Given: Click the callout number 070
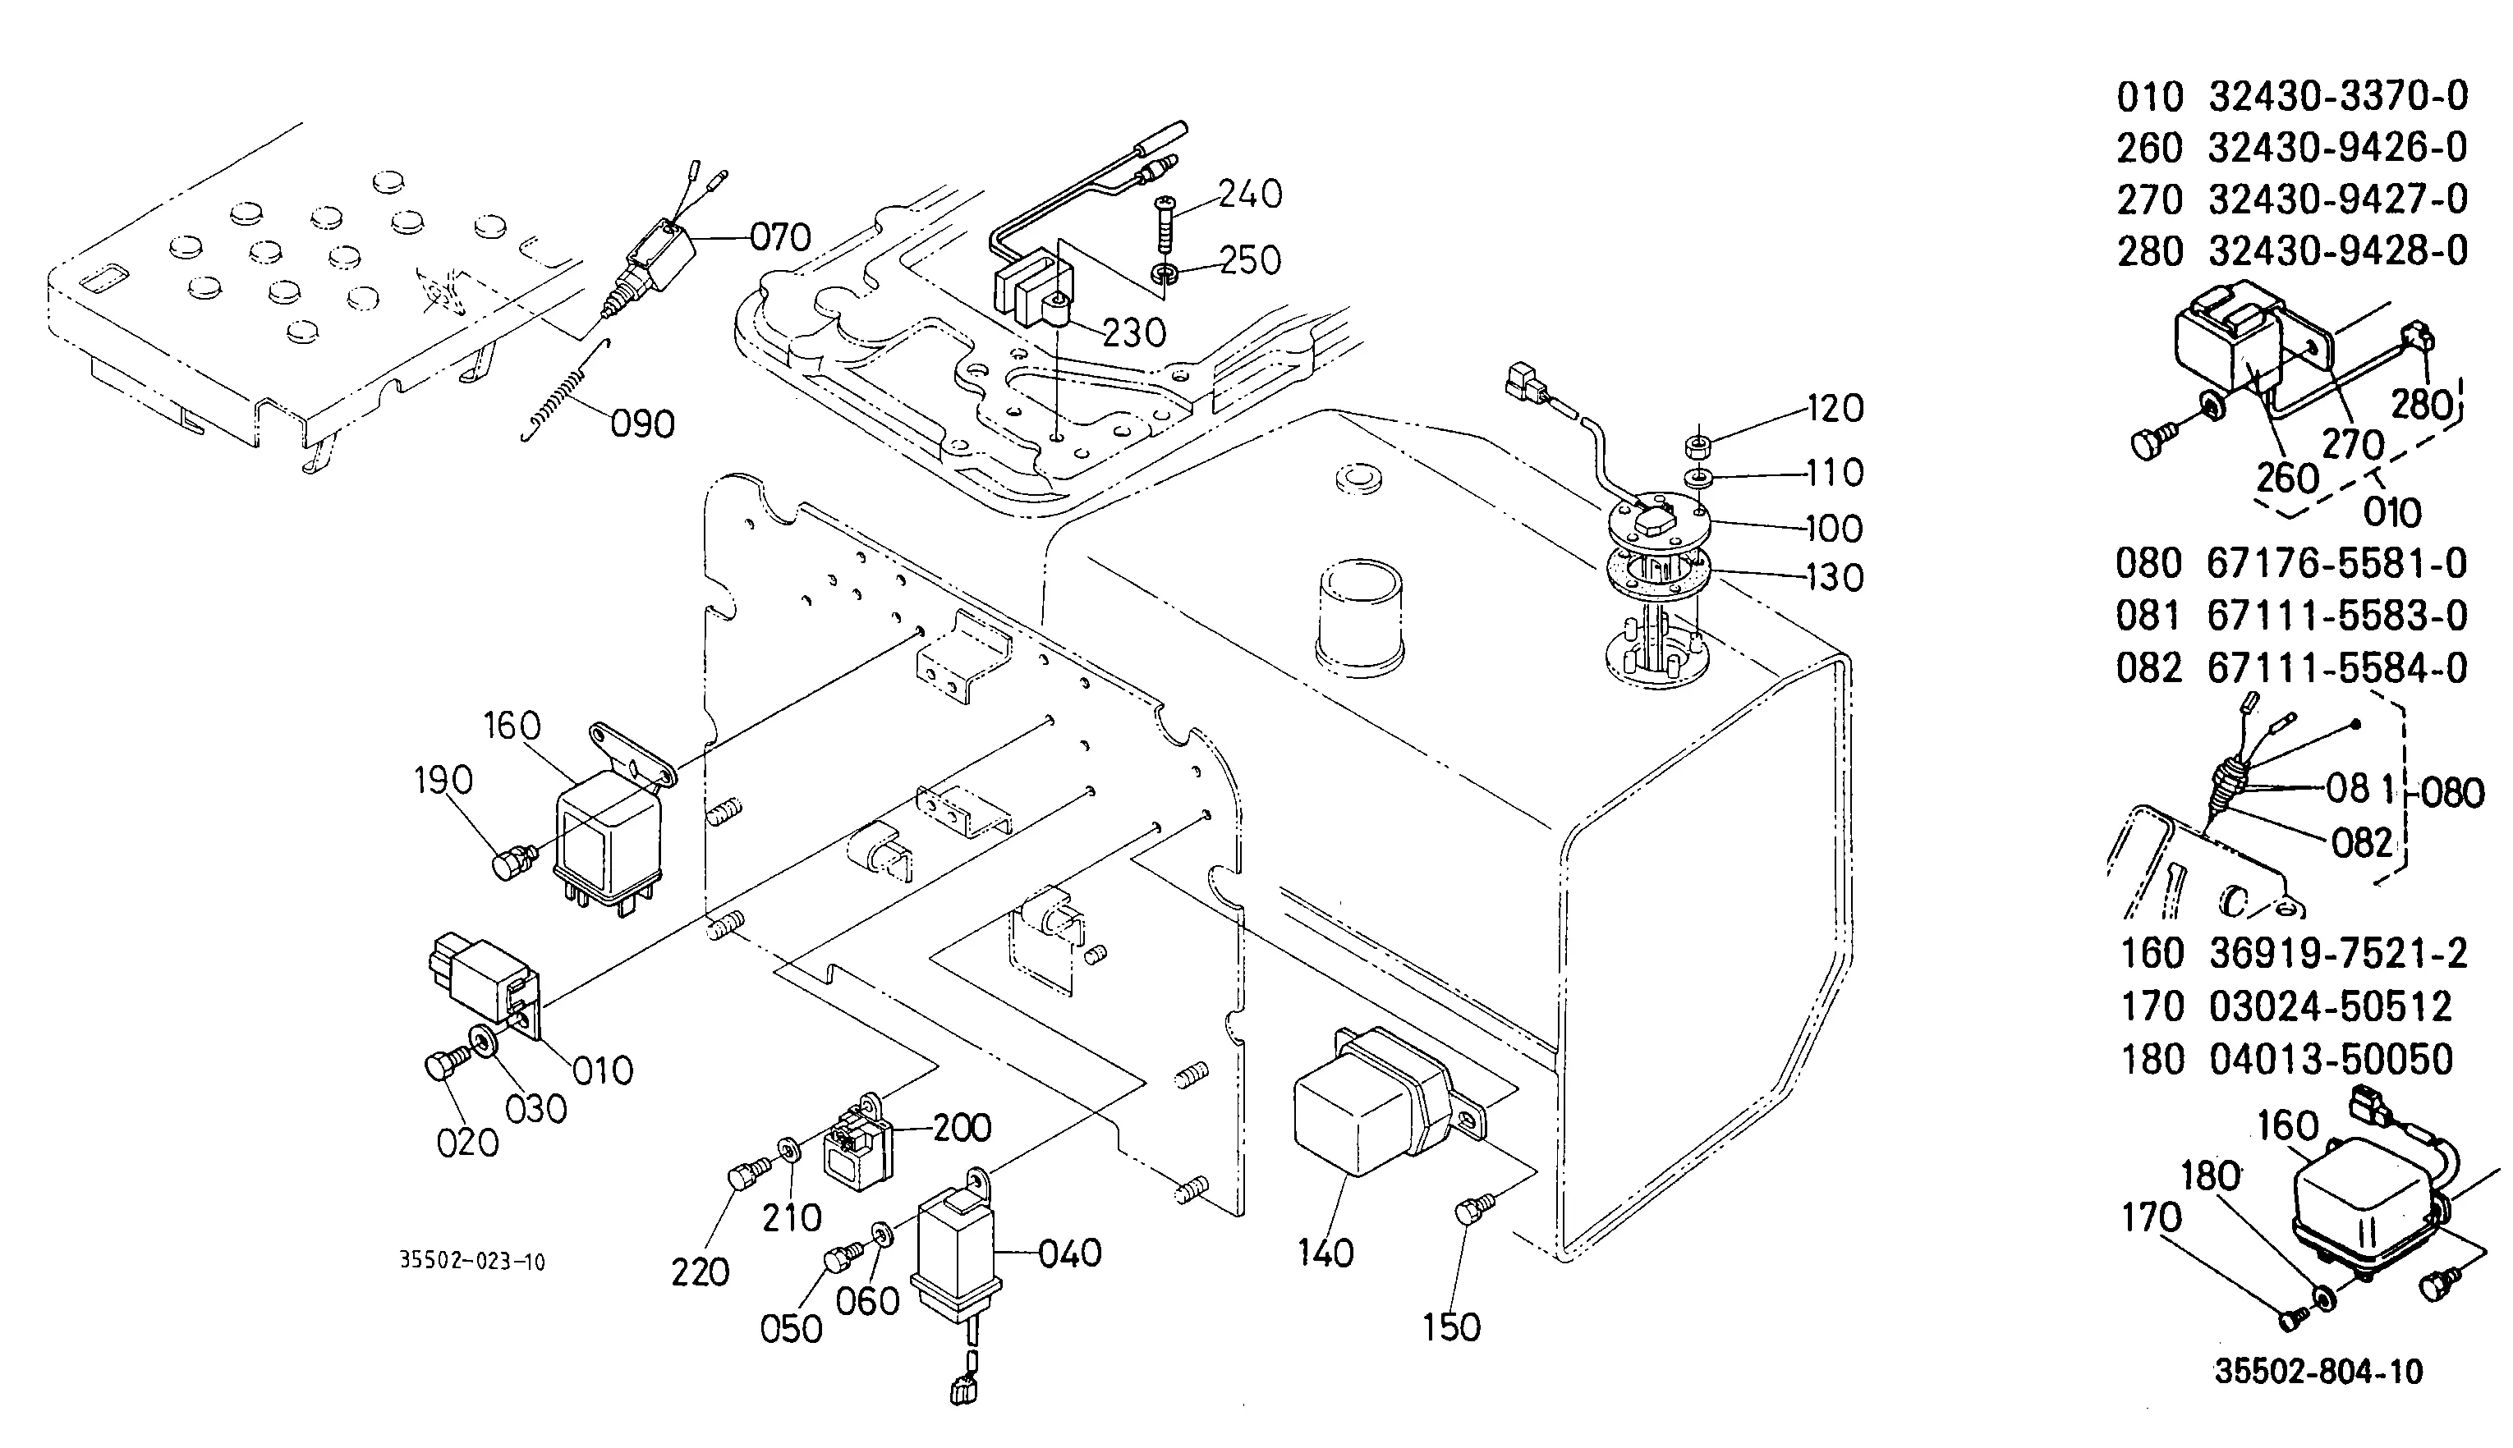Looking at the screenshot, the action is [780, 238].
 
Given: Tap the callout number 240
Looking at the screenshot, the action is [1250, 194].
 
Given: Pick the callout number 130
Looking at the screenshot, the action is [1834, 577].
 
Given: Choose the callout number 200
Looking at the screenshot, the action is [962, 1128].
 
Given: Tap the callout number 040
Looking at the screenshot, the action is [1069, 1254].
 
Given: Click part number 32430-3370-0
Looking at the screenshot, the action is [2338, 97].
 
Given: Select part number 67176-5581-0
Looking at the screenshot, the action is [2337, 564].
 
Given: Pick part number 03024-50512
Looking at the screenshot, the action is [2331, 1007].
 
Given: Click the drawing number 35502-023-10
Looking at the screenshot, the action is [472, 1262].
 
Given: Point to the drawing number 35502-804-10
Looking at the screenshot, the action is [2319, 1372].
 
